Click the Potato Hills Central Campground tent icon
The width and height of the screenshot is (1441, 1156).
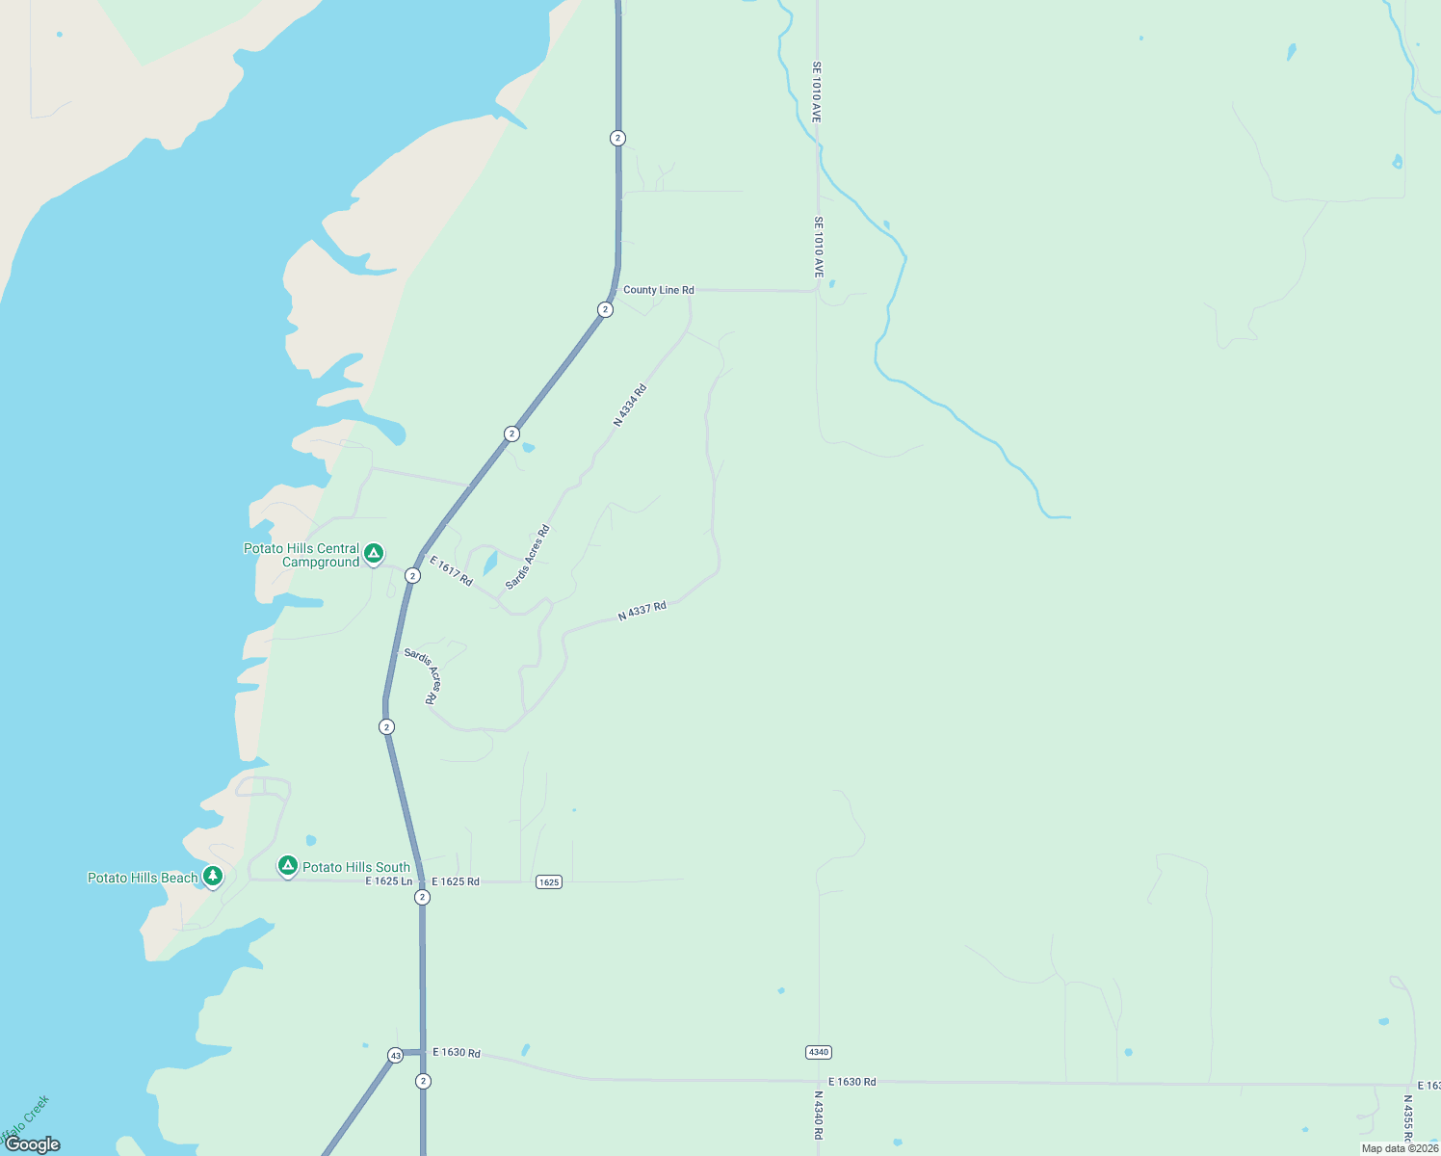374,553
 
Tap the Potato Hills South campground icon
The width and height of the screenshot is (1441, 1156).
287,865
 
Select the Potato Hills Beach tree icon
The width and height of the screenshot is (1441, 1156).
213,876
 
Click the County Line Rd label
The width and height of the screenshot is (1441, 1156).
658,290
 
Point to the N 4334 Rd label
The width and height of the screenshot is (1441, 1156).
630,406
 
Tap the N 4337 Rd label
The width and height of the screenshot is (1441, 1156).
642,612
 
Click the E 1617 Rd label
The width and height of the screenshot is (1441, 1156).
451,571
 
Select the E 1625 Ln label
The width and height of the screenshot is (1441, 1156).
389,881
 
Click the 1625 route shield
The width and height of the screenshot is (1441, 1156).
548,881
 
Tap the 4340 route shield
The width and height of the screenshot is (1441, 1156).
819,1052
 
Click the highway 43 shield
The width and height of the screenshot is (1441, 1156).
395,1056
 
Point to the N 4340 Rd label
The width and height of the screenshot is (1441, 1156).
818,1116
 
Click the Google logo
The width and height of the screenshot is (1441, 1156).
33,1144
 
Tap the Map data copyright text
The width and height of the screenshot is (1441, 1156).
1400,1148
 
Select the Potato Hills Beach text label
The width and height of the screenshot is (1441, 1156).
143,878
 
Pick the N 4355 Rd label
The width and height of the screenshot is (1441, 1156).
1407,1117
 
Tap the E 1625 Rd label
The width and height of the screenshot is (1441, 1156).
456,881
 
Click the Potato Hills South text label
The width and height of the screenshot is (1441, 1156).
356,867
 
